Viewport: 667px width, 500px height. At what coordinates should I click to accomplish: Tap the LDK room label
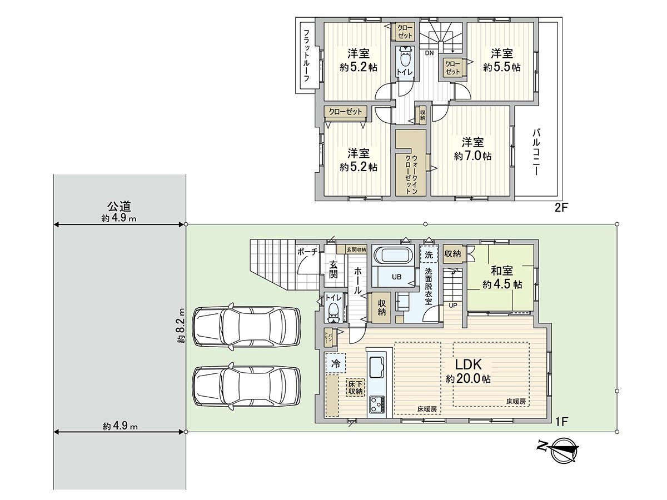click(x=467, y=371)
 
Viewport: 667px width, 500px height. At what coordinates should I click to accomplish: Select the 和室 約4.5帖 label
click(x=502, y=277)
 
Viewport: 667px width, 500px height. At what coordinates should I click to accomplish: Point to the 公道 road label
click(x=119, y=207)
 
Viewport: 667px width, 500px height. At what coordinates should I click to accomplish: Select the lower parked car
click(x=246, y=387)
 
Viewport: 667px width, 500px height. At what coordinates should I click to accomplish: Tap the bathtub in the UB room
click(x=393, y=256)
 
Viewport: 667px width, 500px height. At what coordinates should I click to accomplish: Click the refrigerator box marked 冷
click(x=335, y=363)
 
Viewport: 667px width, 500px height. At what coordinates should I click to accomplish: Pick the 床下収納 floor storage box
click(x=355, y=387)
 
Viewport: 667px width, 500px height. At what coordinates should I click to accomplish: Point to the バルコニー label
click(x=536, y=152)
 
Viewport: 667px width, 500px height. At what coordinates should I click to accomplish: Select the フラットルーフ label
click(x=306, y=56)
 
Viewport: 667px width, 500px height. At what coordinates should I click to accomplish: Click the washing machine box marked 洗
click(x=429, y=255)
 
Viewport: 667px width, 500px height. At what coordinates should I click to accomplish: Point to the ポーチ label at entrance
click(x=307, y=251)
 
